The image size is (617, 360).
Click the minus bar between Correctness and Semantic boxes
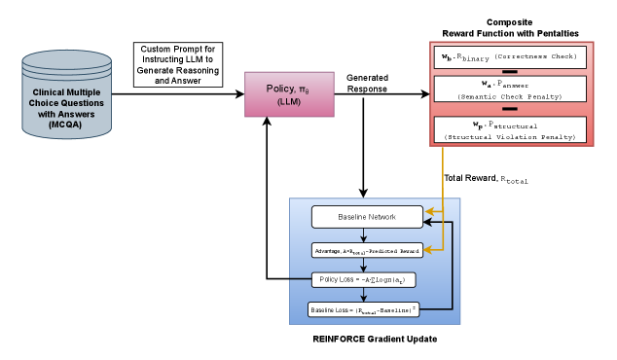pyautogui.click(x=509, y=72)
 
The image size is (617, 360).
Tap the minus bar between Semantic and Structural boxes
pyautogui.click(x=509, y=109)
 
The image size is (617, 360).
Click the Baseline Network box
pyautogui.click(x=367, y=215)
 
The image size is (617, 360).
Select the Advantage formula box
pyautogui.click(x=367, y=250)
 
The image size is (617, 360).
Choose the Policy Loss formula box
pyautogui.click(x=367, y=279)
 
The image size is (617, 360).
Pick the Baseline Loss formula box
pyautogui.click(x=367, y=309)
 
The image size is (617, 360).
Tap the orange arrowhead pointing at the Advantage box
pyautogui.click(x=428, y=247)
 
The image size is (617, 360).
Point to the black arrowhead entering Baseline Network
pyautogui.click(x=428, y=222)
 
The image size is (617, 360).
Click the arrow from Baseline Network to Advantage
pyautogui.click(x=367, y=234)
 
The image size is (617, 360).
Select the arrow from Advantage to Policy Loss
pyautogui.click(x=367, y=265)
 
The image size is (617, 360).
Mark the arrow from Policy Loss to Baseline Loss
pyautogui.click(x=367, y=294)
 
